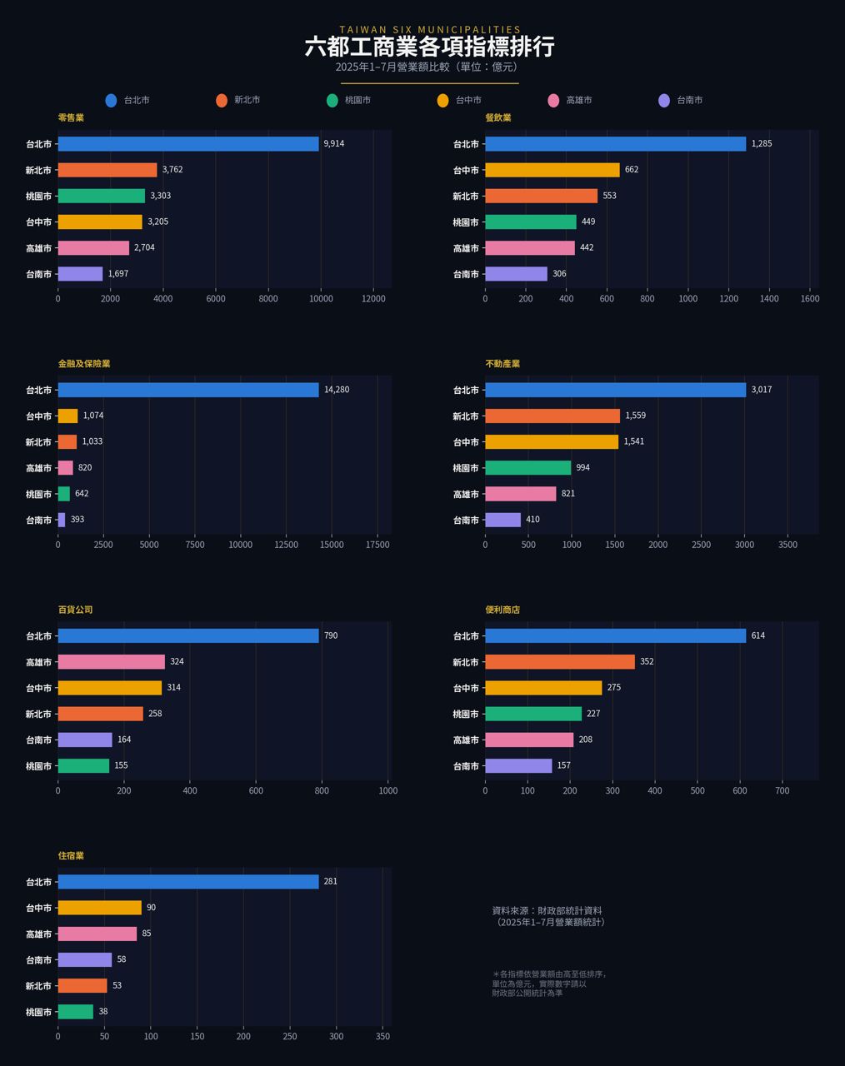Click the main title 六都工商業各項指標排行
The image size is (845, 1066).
429,47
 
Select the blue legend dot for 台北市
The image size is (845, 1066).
111,101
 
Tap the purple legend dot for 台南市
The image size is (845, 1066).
664,101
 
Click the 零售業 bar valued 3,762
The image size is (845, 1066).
107,170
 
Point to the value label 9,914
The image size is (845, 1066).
334,143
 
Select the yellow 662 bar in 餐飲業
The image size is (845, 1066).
552,170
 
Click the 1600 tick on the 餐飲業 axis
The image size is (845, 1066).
810,299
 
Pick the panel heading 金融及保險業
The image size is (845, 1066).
84,364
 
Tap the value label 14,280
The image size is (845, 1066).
337,390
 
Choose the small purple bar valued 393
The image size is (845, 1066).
62,520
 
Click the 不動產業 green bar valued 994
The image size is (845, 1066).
527,467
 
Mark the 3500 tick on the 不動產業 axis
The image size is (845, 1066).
787,545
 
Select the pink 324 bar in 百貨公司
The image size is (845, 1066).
112,662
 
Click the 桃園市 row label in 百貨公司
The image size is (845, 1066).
38,766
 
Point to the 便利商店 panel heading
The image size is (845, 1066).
502,610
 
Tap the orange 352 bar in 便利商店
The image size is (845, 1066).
560,662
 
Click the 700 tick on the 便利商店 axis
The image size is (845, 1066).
782,790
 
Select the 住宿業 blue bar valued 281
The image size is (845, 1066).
188,882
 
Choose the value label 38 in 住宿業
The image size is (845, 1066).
103,1012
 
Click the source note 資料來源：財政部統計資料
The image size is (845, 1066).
547,910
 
